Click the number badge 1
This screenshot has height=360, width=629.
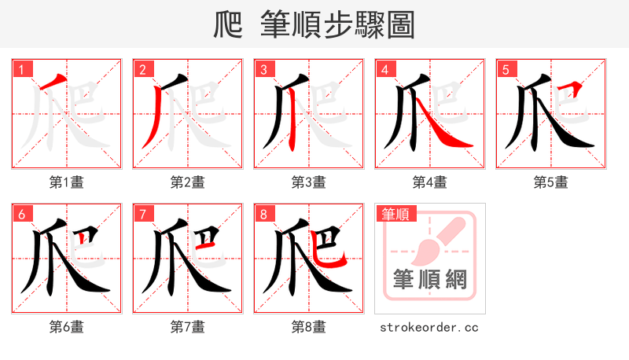pos(20,70)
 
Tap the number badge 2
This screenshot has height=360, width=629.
pos(142,70)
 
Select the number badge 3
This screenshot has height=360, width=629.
pos(263,70)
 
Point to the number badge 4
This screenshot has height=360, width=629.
pos(384,70)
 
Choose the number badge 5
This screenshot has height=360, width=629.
pos(505,70)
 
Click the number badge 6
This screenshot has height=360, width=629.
pos(20,214)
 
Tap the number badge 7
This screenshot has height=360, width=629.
pos(142,214)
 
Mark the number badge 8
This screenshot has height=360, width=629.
pos(263,214)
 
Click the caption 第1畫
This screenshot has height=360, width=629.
pos(67,182)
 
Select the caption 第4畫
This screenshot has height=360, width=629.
pos(430,182)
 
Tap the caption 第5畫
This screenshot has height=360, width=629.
pos(551,182)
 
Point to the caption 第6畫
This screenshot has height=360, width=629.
pos(67,326)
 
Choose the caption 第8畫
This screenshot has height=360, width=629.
pos(309,326)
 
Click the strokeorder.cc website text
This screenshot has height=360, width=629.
pos(429,327)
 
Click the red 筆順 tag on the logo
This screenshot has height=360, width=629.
pos(395,213)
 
